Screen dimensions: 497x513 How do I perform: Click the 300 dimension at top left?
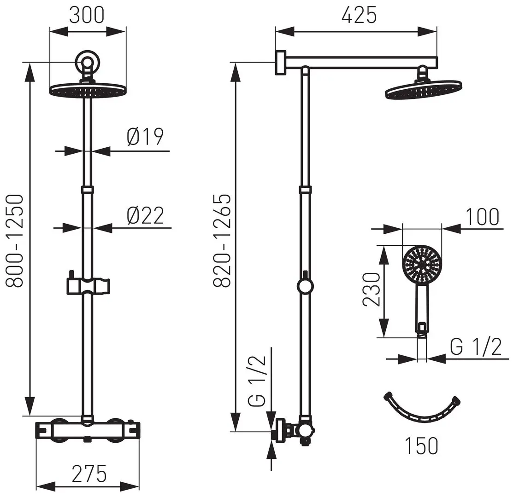point(87,15)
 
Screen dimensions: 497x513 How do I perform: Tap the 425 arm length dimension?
point(359,15)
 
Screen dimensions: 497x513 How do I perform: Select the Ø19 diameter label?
point(145,137)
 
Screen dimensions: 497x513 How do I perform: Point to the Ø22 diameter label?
point(145,215)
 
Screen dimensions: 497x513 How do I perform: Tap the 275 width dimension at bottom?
point(89,472)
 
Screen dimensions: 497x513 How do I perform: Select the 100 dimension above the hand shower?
point(482,217)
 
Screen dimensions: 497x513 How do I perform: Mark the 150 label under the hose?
point(421,445)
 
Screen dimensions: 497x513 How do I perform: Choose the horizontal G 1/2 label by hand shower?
point(475,348)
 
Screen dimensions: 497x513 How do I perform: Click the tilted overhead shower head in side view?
point(423,89)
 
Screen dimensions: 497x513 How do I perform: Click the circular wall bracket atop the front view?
point(87,61)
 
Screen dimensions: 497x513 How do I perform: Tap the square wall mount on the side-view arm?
point(280,62)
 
